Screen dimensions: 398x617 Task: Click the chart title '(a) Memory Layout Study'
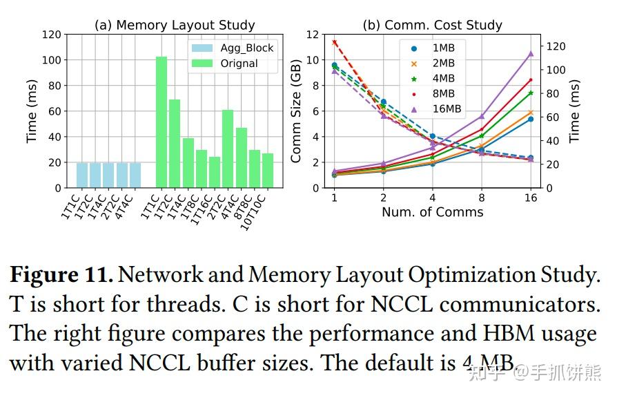175,25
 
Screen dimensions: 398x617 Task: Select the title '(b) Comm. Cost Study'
433,25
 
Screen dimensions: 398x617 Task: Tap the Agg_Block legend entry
232,48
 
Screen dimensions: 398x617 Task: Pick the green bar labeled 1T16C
215,172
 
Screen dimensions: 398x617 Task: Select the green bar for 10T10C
268,171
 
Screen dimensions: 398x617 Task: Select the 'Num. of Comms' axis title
433,212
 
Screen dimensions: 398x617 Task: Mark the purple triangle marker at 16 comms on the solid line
531,53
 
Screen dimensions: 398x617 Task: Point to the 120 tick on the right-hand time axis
556,46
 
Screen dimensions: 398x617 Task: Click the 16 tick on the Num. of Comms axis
531,197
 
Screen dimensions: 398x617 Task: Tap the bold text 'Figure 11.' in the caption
61,275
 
